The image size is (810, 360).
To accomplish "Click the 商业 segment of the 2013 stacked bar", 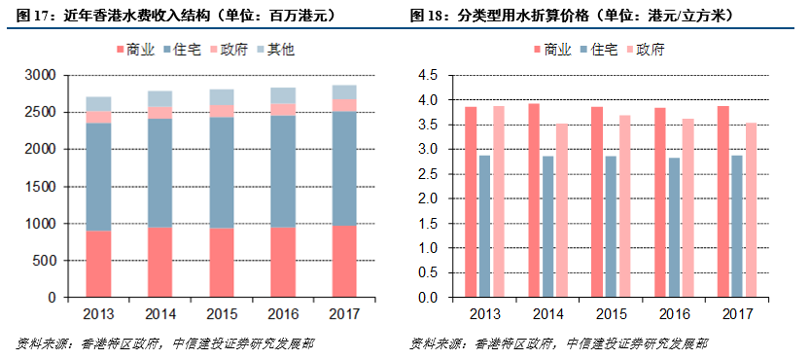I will (98, 264).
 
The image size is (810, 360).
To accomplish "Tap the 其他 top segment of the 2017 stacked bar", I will (345, 91).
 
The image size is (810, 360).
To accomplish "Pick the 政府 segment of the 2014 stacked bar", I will (160, 112).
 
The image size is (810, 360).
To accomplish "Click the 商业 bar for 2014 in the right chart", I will (534, 200).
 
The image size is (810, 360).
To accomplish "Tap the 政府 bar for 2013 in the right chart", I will (499, 201).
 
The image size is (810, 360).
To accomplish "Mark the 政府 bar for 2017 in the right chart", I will (752, 209).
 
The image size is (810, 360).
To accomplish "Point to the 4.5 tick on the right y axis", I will (427, 75).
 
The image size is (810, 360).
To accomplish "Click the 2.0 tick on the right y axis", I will (427, 198).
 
